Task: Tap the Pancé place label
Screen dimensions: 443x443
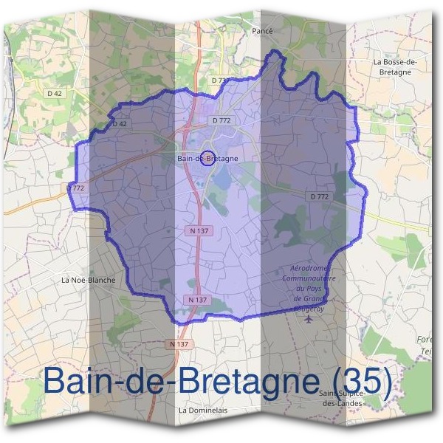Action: (x=262, y=30)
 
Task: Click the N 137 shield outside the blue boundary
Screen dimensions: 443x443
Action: (x=180, y=344)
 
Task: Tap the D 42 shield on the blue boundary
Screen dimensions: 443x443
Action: (x=118, y=123)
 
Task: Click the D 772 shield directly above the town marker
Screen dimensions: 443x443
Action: (x=221, y=120)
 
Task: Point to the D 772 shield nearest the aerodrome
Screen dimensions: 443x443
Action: (x=318, y=196)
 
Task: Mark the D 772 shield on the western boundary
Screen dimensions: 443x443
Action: (x=76, y=188)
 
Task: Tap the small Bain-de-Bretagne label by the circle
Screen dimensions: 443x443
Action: (x=207, y=158)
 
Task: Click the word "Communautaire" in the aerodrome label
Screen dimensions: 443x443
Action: (x=309, y=279)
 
